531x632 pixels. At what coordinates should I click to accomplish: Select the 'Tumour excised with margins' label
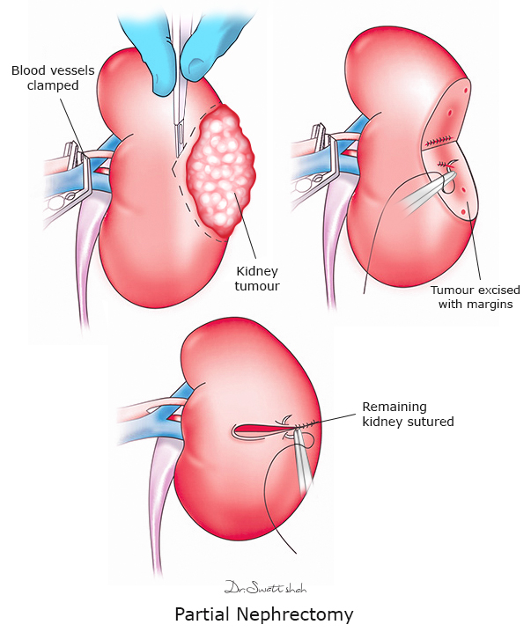tap(476, 297)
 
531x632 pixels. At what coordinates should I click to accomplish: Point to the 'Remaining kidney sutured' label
tap(408, 415)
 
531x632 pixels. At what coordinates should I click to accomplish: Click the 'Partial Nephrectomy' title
tap(265, 614)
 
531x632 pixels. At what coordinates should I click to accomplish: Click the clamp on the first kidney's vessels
tap(85, 172)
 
